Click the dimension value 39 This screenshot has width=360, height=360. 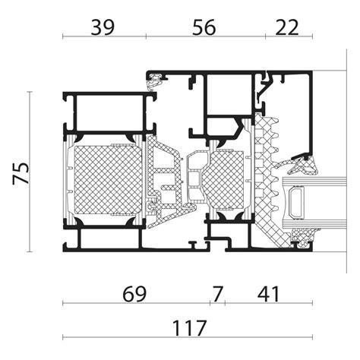coord(103,28)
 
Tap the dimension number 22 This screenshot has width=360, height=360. coord(288,28)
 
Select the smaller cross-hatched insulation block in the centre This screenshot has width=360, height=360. coord(226,182)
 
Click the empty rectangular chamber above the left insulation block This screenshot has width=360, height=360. coord(106,114)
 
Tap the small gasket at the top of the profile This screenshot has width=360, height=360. coord(157,77)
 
